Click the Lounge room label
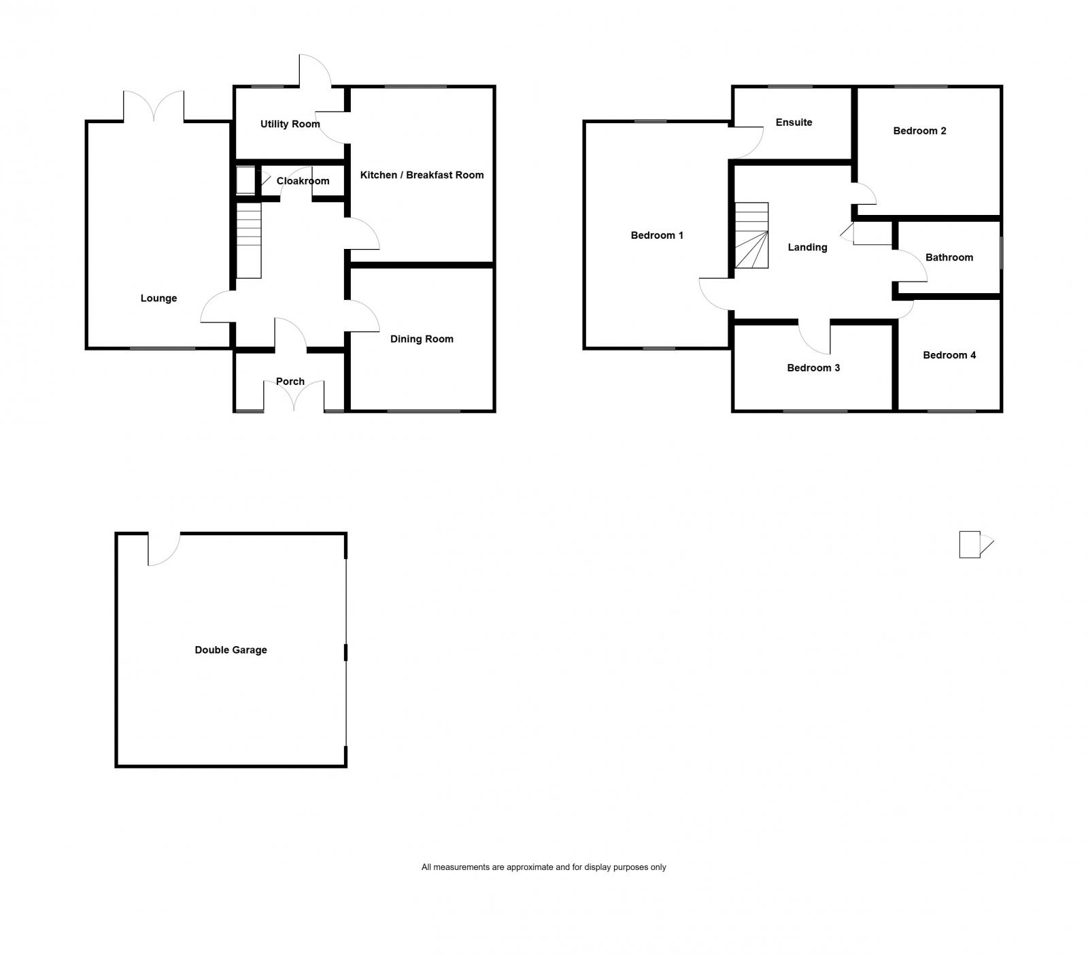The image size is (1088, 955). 158,298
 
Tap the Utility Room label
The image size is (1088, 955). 290,124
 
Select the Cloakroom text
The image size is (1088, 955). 303,181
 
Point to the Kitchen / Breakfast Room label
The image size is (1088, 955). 422,175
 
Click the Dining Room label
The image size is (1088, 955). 422,339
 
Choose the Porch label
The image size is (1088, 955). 290,382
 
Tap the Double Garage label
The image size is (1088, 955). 231,650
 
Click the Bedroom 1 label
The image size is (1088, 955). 657,235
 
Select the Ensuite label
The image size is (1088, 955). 794,122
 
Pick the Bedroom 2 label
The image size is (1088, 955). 919,131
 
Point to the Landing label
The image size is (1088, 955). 807,247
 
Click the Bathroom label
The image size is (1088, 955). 949,257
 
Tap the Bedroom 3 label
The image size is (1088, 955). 813,368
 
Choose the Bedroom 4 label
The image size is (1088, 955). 949,355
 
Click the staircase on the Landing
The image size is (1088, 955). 751,235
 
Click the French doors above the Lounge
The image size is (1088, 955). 154,107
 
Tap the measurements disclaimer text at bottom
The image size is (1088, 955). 543,867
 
